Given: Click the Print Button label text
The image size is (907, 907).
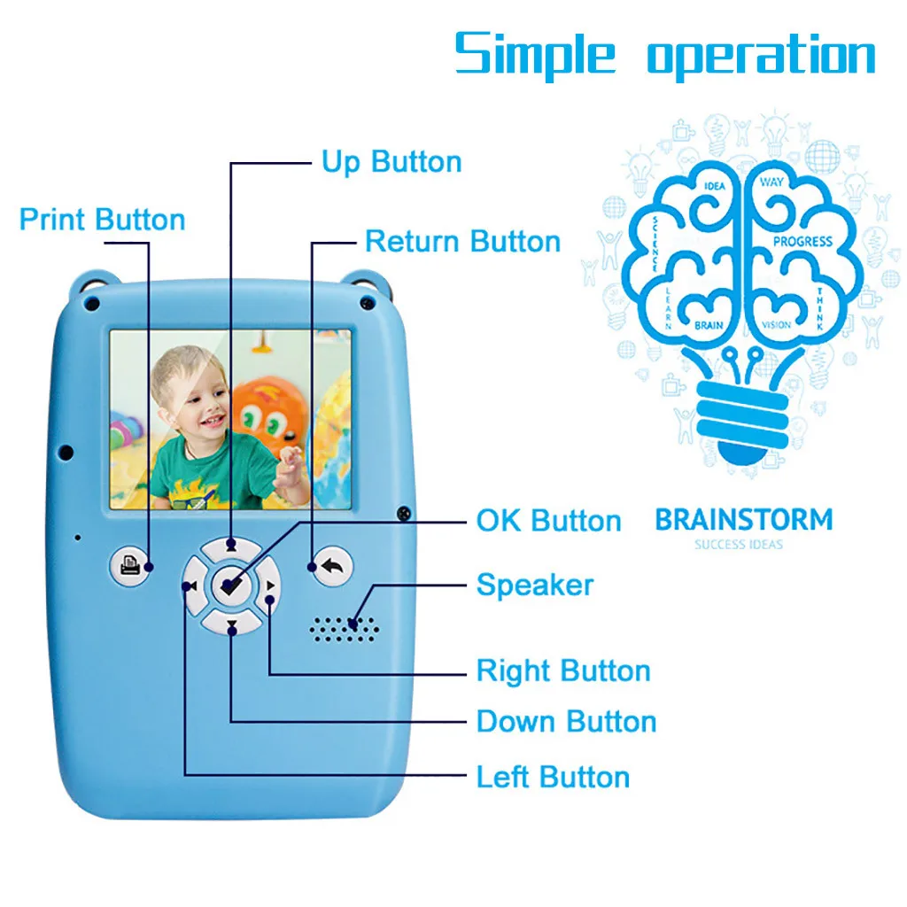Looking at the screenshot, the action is [x=102, y=220].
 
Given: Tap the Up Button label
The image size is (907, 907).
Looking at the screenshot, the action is [x=391, y=162].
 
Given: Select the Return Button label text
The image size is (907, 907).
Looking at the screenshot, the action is [x=462, y=242].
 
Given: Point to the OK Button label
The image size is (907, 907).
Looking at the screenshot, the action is [x=548, y=521].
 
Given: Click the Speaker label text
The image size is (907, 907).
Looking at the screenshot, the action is [x=534, y=585].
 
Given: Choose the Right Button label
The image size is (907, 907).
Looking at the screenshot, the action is [x=562, y=671].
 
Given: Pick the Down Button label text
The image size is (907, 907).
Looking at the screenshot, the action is [x=566, y=721].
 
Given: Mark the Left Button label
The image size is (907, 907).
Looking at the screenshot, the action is [x=553, y=777].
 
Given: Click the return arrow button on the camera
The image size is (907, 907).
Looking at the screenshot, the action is [x=331, y=566].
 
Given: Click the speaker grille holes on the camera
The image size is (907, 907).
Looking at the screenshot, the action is [x=345, y=627].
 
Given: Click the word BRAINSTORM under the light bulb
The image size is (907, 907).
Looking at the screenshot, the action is [x=744, y=519].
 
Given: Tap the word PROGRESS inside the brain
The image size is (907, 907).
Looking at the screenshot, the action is [x=802, y=241].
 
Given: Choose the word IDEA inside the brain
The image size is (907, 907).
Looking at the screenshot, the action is [x=714, y=187].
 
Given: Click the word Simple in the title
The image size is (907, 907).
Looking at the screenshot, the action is [x=535, y=55].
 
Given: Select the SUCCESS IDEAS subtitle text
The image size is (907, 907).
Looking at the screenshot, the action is [x=739, y=544].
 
